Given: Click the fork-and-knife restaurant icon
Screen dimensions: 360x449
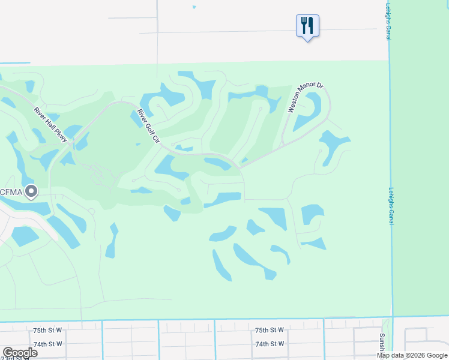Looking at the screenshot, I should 307,26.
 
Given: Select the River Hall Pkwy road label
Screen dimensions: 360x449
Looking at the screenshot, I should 52,124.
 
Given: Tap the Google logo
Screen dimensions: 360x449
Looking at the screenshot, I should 20,353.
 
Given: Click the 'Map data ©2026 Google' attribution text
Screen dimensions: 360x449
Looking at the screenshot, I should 412,355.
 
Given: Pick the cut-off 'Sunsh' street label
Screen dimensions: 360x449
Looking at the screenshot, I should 381,343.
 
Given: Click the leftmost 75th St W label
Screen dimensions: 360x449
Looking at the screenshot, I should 48,330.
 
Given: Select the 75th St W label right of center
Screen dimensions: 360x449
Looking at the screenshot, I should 269,330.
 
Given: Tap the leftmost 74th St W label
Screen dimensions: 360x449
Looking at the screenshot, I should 48,344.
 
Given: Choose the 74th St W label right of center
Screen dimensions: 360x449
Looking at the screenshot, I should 269,344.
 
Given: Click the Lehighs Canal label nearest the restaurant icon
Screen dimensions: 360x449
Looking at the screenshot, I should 390,22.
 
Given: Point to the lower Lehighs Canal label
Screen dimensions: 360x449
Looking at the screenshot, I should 391,206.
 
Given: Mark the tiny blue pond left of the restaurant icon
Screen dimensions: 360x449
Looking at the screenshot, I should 194,7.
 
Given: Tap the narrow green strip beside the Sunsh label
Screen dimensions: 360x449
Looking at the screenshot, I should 387,333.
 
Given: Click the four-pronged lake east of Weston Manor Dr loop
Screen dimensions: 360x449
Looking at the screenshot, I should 334,144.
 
